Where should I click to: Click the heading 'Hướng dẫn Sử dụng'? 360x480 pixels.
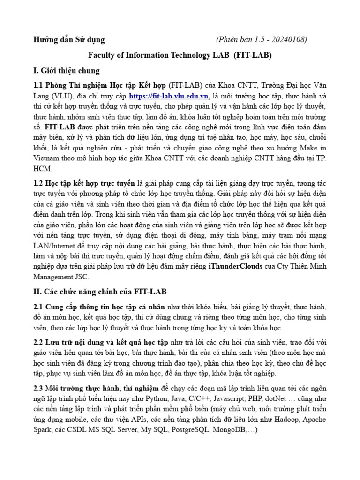(x=69, y=39)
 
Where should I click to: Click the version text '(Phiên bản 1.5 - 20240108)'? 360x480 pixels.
(x=262, y=39)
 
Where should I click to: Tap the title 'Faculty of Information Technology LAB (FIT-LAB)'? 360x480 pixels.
(x=180, y=55)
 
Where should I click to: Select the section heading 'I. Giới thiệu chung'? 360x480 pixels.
(x=66, y=71)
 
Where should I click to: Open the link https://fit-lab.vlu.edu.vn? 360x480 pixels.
(x=169, y=96)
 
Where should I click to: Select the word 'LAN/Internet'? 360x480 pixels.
(x=54, y=246)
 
